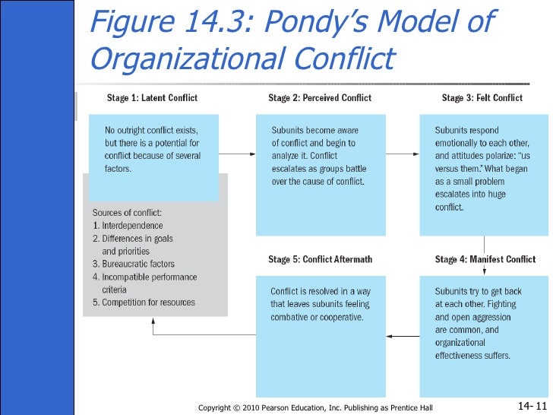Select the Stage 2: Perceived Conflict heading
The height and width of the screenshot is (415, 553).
[320, 97]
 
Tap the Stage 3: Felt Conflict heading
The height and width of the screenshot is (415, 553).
[482, 97]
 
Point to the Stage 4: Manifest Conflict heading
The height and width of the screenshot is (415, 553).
[485, 259]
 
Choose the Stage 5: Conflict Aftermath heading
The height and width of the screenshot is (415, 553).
[320, 259]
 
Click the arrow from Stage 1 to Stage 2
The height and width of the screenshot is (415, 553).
[237, 154]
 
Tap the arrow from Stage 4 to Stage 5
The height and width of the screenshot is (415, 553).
[402, 335]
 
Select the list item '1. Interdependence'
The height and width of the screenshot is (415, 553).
[128, 226]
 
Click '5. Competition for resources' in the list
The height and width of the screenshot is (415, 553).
[144, 303]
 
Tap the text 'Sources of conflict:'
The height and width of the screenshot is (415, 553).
[127, 212]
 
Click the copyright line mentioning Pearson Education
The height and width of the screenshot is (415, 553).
[314, 407]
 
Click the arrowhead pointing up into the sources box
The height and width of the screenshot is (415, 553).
[153, 320]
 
